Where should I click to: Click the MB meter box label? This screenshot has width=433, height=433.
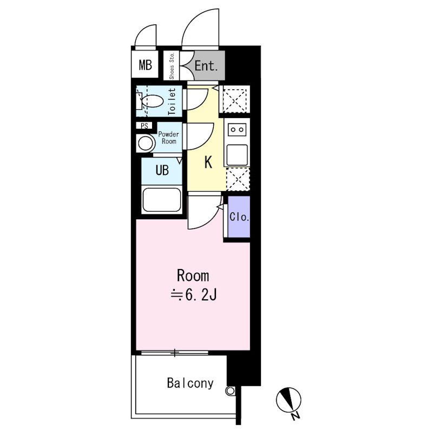tap(145, 65)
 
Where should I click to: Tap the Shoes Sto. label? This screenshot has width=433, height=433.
tap(172, 65)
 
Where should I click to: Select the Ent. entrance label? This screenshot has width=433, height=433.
tap(206, 65)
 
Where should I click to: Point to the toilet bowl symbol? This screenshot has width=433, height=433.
tap(152, 101)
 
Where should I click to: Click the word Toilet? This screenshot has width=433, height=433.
tap(172, 102)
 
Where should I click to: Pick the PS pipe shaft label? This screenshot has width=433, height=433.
tap(145, 126)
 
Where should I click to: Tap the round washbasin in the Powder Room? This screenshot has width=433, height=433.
tap(145, 143)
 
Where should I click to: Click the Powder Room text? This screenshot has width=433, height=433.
tap(169, 137)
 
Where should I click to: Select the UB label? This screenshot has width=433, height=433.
tap(162, 170)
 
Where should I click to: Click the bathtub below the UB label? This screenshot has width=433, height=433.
tap(162, 200)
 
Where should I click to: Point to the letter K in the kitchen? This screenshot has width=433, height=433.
tap(208, 162)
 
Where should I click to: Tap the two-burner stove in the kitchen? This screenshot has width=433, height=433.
tap(237, 129)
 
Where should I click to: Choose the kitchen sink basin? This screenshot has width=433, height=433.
tap(237, 155)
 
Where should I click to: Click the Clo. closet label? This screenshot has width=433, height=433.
tap(239, 217)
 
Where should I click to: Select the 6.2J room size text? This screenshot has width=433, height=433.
tap(193, 295)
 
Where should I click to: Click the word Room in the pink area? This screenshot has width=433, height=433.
tap(193, 275)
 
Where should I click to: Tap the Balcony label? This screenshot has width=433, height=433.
tap(191, 383)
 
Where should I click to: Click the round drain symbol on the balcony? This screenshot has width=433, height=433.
tap(230, 391)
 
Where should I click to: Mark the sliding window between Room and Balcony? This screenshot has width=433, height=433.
tap(174, 352)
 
